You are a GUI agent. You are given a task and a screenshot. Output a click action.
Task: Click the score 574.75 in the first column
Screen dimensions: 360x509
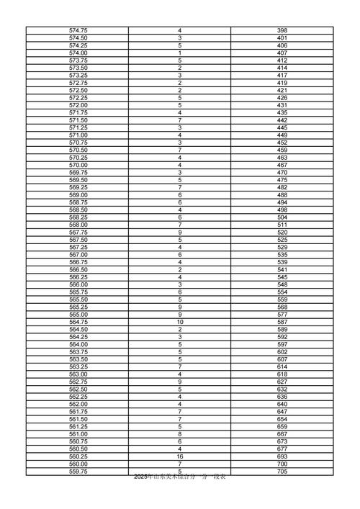(78, 30)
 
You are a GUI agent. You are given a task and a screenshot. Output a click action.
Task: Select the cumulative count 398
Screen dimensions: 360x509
(282, 30)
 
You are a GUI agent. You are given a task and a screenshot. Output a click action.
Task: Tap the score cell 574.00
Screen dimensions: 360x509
(78, 53)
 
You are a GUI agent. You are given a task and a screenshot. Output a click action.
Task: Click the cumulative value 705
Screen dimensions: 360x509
(282, 472)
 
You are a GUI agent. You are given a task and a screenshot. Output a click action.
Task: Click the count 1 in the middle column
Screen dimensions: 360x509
(179, 53)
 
